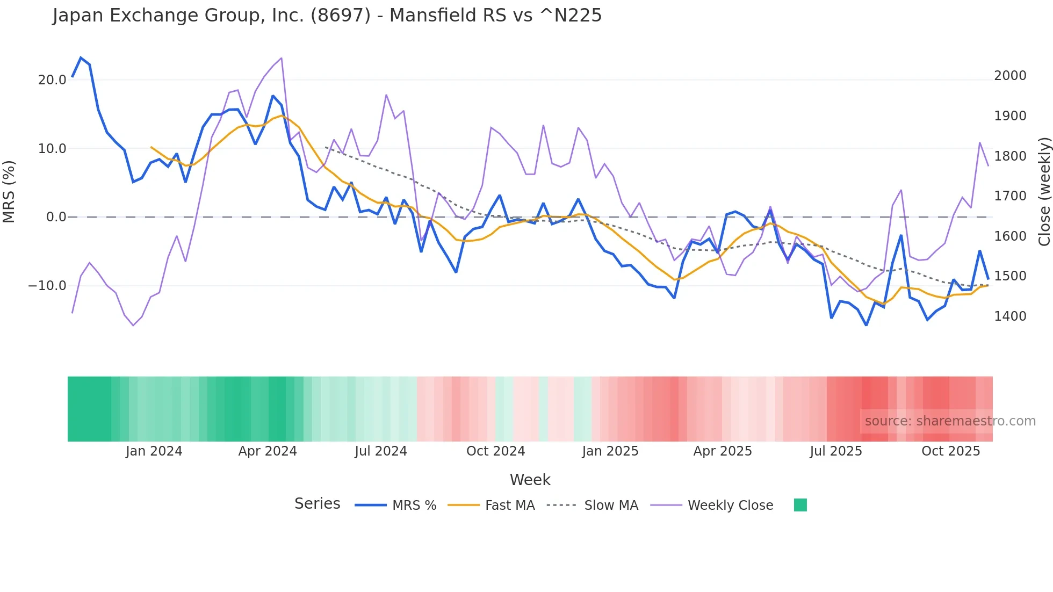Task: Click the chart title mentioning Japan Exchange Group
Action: [327, 16]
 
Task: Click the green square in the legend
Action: [800, 505]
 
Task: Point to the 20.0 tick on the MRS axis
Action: [52, 80]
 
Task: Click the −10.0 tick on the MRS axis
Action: [47, 286]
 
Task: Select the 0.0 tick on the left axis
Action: [56, 217]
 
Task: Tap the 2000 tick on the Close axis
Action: [1010, 76]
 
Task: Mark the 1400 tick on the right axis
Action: [1010, 316]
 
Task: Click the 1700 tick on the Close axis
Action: [1010, 196]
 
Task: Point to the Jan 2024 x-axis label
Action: [154, 451]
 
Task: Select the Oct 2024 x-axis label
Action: [495, 451]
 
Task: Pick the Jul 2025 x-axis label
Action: [835, 451]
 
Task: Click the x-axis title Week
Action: [530, 480]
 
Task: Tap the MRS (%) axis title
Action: [9, 192]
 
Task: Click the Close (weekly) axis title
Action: [1044, 192]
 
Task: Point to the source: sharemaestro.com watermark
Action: [950, 421]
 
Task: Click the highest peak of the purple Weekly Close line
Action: [282, 58]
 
